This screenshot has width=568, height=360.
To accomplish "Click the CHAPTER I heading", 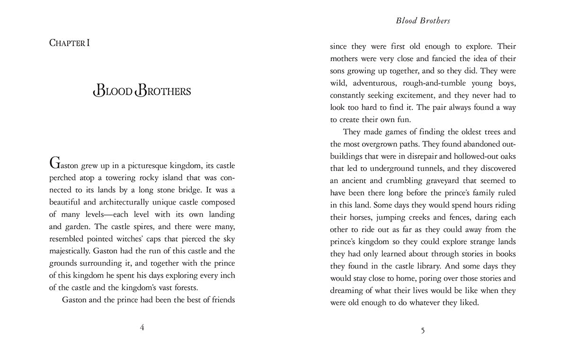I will click(70, 43).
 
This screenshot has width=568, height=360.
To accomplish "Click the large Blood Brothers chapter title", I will click(142, 90).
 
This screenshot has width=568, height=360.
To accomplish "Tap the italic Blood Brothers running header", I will click(423, 21).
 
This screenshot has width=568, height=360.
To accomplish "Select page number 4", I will click(142, 328).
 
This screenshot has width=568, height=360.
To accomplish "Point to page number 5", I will click(423, 330).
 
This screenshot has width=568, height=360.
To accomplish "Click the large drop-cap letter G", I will click(55, 164).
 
